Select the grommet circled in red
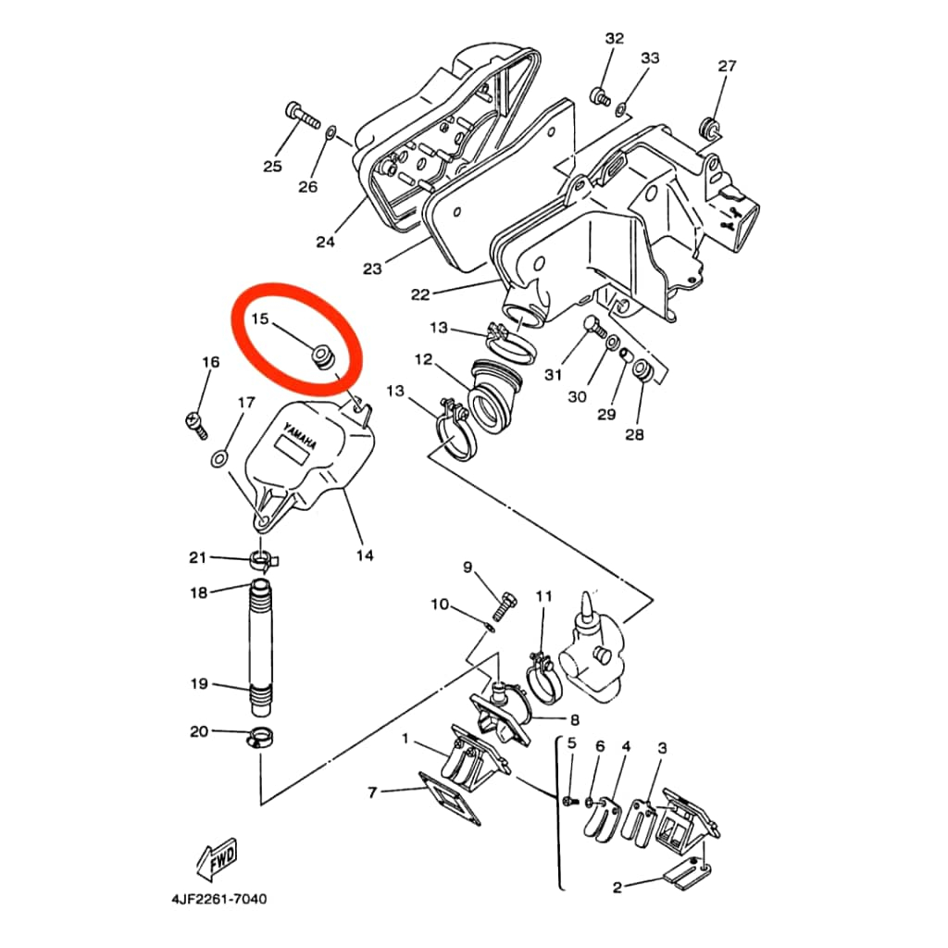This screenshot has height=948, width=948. (x=323, y=355)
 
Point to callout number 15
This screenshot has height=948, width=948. (x=259, y=319)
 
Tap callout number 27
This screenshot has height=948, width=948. (x=727, y=66)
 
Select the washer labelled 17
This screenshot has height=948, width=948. (x=219, y=457)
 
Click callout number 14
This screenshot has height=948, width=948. (x=365, y=555)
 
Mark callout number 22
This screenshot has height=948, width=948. (x=420, y=294)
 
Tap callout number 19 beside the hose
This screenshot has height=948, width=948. (x=199, y=684)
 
